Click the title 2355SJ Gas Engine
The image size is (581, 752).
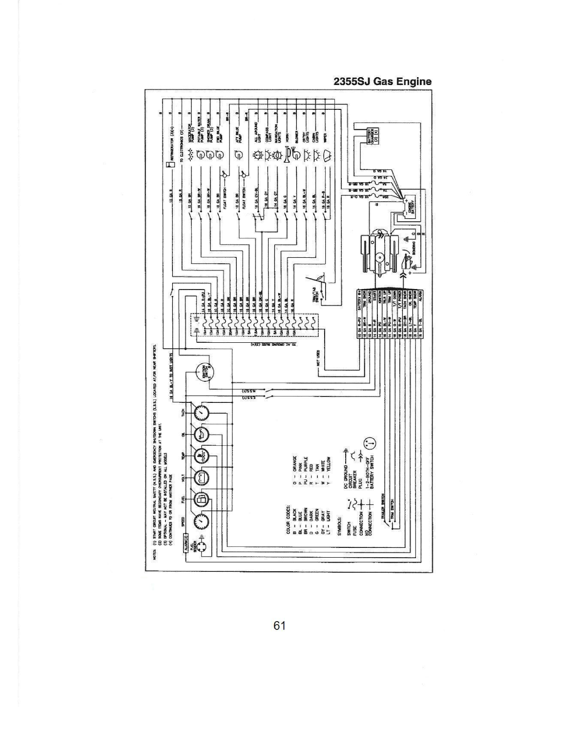tap(382, 82)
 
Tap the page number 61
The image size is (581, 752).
tap(279, 626)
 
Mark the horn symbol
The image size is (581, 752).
tap(286, 155)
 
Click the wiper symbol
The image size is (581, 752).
tap(325, 156)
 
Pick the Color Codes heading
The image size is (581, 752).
tap(290, 518)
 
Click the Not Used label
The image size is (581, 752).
tap(319, 357)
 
